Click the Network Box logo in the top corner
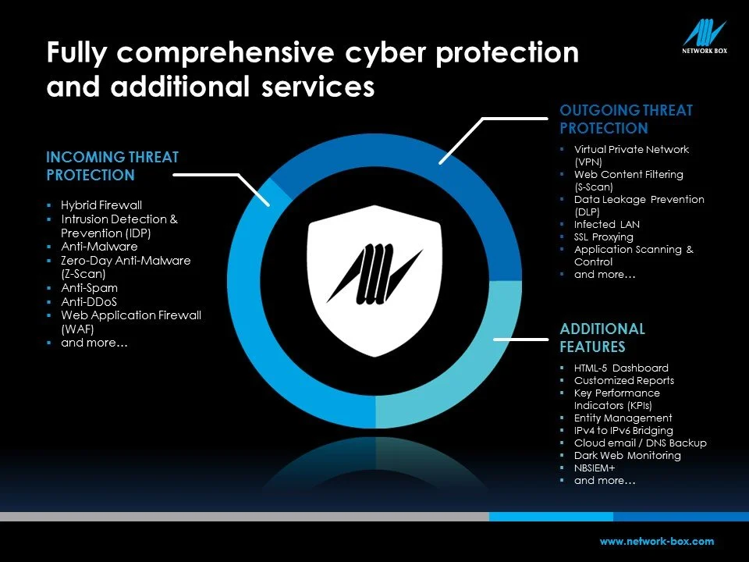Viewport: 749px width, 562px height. click(x=705, y=38)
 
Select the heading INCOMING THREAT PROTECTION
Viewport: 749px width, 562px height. click(x=112, y=166)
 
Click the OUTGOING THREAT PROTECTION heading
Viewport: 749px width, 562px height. click(x=626, y=119)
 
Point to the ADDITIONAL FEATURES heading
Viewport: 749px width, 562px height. click(x=602, y=337)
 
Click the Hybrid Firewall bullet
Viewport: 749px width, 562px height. click(x=101, y=205)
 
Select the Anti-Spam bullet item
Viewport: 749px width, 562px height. click(x=89, y=288)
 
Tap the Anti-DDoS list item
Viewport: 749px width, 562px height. click(x=89, y=301)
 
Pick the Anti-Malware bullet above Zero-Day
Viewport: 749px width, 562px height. click(x=99, y=246)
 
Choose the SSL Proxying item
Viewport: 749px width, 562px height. click(x=604, y=237)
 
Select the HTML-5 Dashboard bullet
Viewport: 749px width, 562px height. click(x=621, y=368)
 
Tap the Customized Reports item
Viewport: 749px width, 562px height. click(x=624, y=381)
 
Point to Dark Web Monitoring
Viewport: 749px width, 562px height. click(x=627, y=456)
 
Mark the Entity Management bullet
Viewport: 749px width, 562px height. click(x=623, y=418)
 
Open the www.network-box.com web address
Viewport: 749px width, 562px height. click(x=656, y=541)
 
